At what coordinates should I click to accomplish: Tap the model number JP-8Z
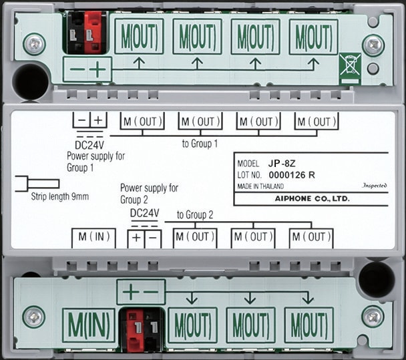point(282,164)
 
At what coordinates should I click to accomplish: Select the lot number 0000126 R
point(292,175)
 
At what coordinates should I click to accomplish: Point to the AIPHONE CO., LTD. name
point(313,198)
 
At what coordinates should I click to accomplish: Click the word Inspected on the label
point(375,186)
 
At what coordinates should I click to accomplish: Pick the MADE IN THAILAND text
point(260,186)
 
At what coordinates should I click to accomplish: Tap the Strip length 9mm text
point(60,196)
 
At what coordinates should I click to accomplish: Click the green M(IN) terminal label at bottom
point(89,325)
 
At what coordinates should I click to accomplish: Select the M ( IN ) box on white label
point(93,238)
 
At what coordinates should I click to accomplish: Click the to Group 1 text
point(200,144)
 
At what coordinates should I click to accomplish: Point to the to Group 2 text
point(195,214)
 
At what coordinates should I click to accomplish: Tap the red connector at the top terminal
point(95,32)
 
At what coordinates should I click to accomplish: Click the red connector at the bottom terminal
point(135,329)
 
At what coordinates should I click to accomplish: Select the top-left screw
point(35,44)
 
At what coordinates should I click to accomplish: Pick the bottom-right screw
point(373,317)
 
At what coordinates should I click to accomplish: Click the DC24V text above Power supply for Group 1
point(89,145)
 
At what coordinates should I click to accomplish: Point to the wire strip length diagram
point(37,184)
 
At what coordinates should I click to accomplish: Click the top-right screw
point(373,45)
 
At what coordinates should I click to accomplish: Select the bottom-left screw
point(33,317)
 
